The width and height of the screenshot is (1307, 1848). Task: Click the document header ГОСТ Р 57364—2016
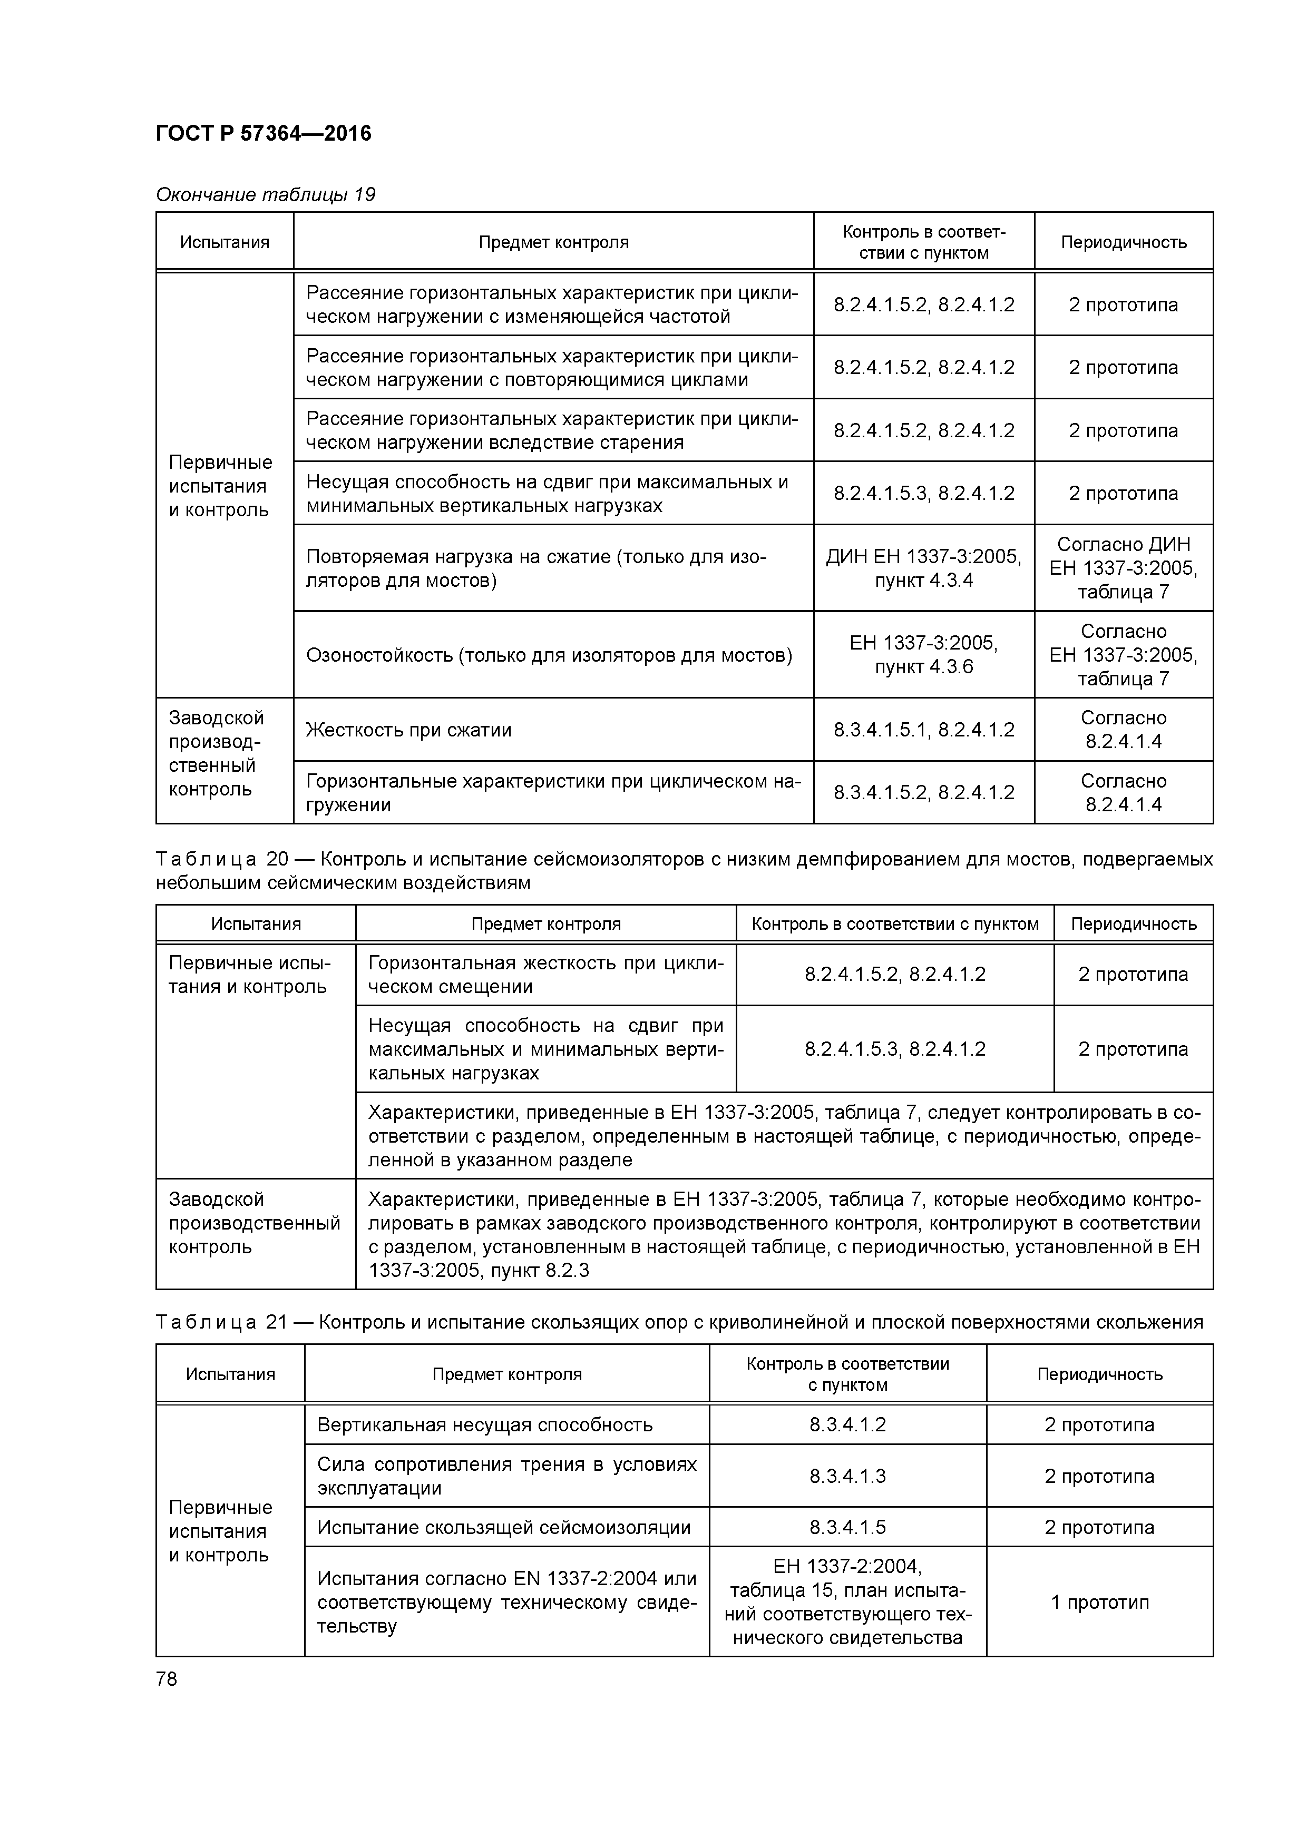[264, 134]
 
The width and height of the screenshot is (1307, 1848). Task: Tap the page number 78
[167, 1679]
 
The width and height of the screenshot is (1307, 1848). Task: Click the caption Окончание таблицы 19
[265, 195]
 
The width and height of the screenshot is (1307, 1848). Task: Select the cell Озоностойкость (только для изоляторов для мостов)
[549, 655]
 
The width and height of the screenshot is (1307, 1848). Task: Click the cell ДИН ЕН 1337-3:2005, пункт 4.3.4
[924, 568]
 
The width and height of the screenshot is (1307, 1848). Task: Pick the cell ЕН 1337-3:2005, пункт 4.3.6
[924, 655]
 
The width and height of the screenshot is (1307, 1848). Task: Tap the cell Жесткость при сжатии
[409, 730]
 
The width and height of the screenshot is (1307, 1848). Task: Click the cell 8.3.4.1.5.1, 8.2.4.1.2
[924, 730]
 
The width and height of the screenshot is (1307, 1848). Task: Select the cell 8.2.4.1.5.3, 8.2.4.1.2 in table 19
[924, 494]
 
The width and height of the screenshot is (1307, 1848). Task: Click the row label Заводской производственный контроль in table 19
[216, 753]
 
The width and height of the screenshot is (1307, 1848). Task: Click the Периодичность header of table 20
[1133, 924]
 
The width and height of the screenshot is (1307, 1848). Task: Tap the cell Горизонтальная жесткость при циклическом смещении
[545, 975]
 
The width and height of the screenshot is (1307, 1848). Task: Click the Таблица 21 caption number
[276, 1322]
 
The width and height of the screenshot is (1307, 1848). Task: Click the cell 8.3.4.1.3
[847, 1476]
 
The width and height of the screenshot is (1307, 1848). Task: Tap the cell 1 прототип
[1099, 1601]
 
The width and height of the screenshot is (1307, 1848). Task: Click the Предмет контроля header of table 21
[506, 1374]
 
